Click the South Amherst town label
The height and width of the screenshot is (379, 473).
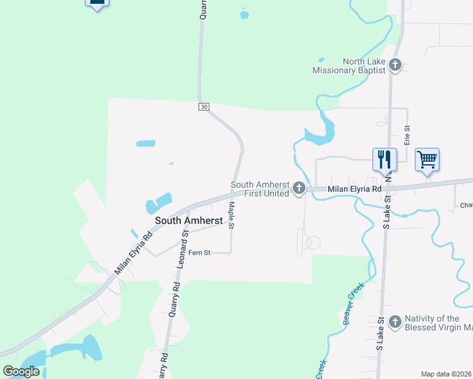[188, 220]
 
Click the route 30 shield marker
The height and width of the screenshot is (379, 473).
[203, 107]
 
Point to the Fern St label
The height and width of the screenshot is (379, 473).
[201, 253]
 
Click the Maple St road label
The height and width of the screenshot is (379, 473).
[231, 215]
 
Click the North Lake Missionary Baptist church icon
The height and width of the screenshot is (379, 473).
[395, 64]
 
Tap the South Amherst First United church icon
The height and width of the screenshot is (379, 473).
[299, 188]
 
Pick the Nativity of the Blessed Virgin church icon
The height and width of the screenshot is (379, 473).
[395, 322]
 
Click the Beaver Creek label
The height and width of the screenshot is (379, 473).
[355, 304]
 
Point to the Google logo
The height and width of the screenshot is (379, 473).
[21, 371]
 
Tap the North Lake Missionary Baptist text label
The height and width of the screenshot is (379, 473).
[349, 66]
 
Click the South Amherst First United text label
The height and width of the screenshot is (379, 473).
[259, 189]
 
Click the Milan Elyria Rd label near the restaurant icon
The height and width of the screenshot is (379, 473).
[354, 189]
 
